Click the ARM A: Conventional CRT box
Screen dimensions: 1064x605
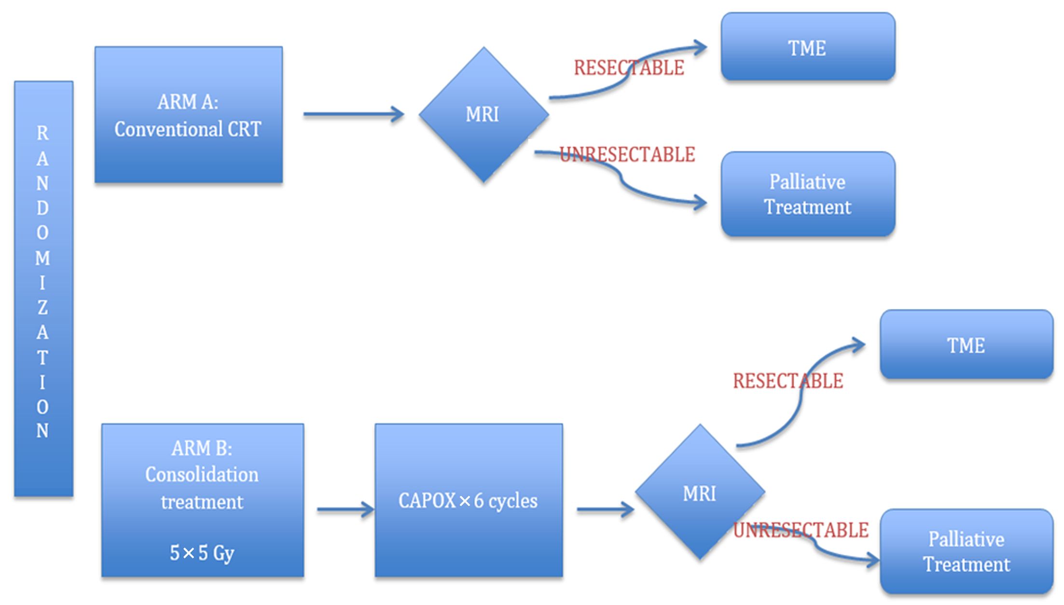(189, 115)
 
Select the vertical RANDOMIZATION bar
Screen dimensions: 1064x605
(44, 289)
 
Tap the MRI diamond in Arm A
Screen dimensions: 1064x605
(484, 115)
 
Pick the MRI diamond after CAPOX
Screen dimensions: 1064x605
(700, 492)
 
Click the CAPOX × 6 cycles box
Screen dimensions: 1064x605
(469, 500)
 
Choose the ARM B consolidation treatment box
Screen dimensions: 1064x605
(203, 500)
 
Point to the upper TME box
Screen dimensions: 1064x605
(808, 47)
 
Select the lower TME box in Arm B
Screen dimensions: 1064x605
(967, 344)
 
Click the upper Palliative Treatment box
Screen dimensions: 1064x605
(808, 194)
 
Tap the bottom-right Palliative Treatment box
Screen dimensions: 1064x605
(967, 551)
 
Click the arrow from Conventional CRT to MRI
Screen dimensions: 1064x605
(354, 114)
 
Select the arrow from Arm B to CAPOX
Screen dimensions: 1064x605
(345, 509)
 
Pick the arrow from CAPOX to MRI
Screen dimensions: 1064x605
(606, 509)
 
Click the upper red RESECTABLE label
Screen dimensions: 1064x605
(629, 68)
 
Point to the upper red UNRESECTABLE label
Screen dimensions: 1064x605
(627, 154)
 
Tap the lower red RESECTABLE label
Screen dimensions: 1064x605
(788, 381)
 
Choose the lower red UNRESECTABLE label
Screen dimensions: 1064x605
(801, 530)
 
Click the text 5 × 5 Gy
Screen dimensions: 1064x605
(202, 553)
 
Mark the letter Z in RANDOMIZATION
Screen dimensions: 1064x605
(42, 307)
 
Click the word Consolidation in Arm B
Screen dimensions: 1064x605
(202, 475)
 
